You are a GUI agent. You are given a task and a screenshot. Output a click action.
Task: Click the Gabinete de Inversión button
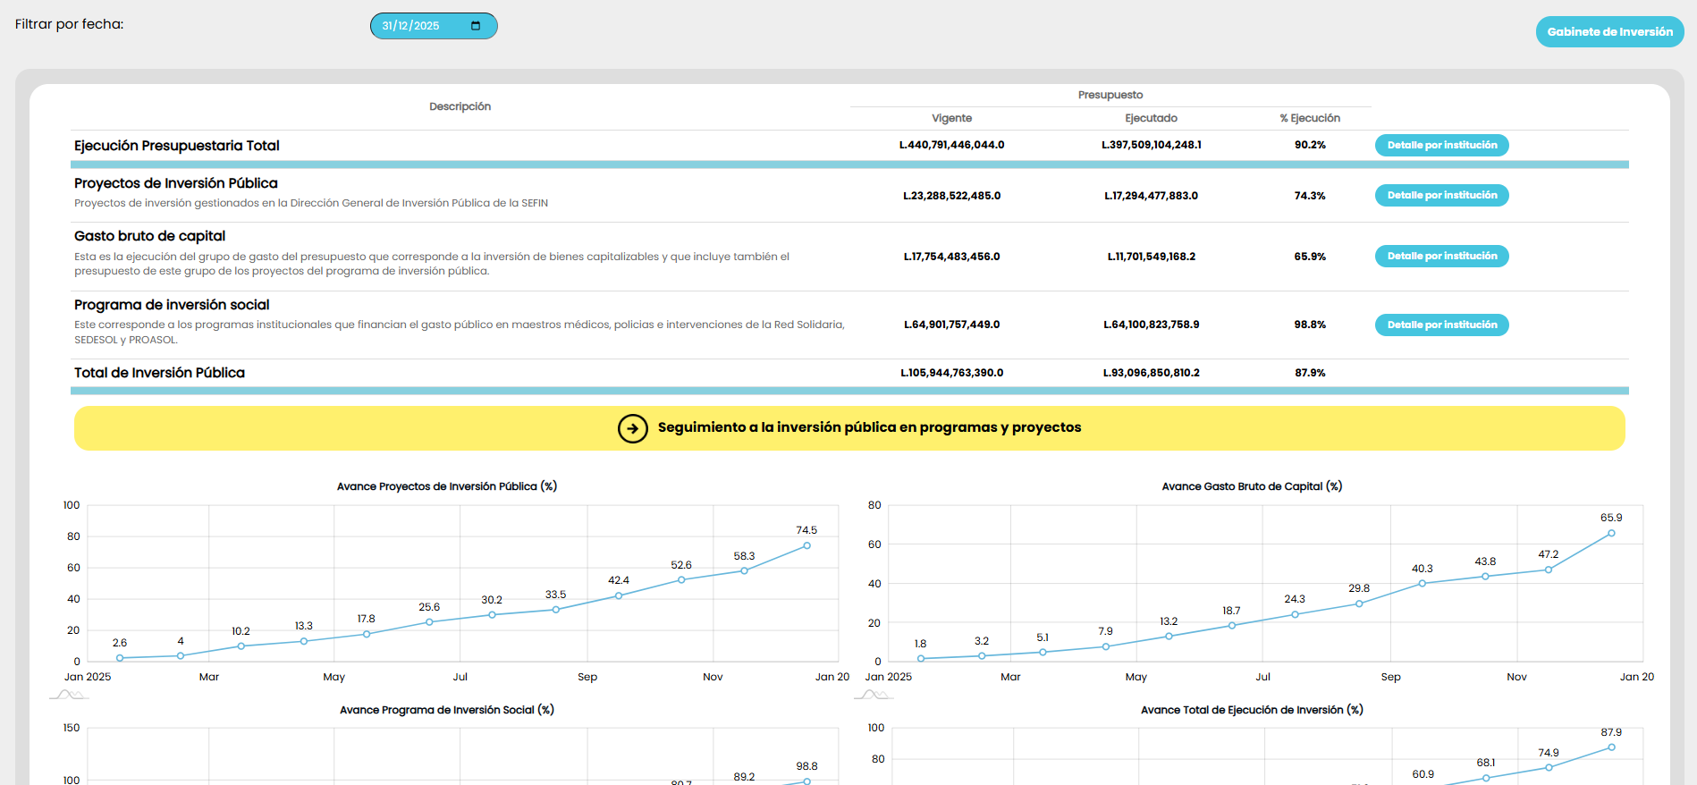pos(1609,32)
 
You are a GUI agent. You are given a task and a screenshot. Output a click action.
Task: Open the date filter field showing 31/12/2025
pos(433,26)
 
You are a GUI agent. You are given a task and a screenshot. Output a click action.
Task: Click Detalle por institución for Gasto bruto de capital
pos(1441,257)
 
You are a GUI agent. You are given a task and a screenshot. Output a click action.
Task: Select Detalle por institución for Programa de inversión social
pos(1441,325)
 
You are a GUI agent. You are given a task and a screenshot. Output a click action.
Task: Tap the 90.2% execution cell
pos(1310,145)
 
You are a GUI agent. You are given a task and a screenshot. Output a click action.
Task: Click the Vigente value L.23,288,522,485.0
pos(951,196)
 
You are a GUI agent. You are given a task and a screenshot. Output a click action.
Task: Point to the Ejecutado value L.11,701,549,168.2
pos(1151,257)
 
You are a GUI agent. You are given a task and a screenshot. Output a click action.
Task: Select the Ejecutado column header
pos(1151,118)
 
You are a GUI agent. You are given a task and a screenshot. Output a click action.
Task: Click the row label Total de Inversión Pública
pos(159,373)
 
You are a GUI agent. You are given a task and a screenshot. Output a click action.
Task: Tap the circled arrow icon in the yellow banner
pos(633,428)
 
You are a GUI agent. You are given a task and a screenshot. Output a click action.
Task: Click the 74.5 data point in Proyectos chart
pos(806,545)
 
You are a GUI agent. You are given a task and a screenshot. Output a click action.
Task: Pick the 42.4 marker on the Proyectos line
pos(619,595)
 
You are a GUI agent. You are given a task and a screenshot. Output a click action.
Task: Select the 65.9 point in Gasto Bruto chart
pos(1611,534)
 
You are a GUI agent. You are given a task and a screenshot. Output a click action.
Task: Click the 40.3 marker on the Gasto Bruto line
pos(1423,584)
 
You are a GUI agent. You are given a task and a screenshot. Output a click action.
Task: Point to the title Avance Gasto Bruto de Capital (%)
pos(1252,486)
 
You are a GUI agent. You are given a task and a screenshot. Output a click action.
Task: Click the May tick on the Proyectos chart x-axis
pos(333,677)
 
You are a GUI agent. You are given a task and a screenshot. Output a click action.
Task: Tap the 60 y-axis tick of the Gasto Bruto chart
pos(874,544)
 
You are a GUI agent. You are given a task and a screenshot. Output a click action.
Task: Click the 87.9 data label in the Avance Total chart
pos(1611,732)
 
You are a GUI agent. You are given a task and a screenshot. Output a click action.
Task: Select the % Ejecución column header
pos(1310,118)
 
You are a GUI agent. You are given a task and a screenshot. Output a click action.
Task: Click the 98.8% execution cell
pos(1310,325)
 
